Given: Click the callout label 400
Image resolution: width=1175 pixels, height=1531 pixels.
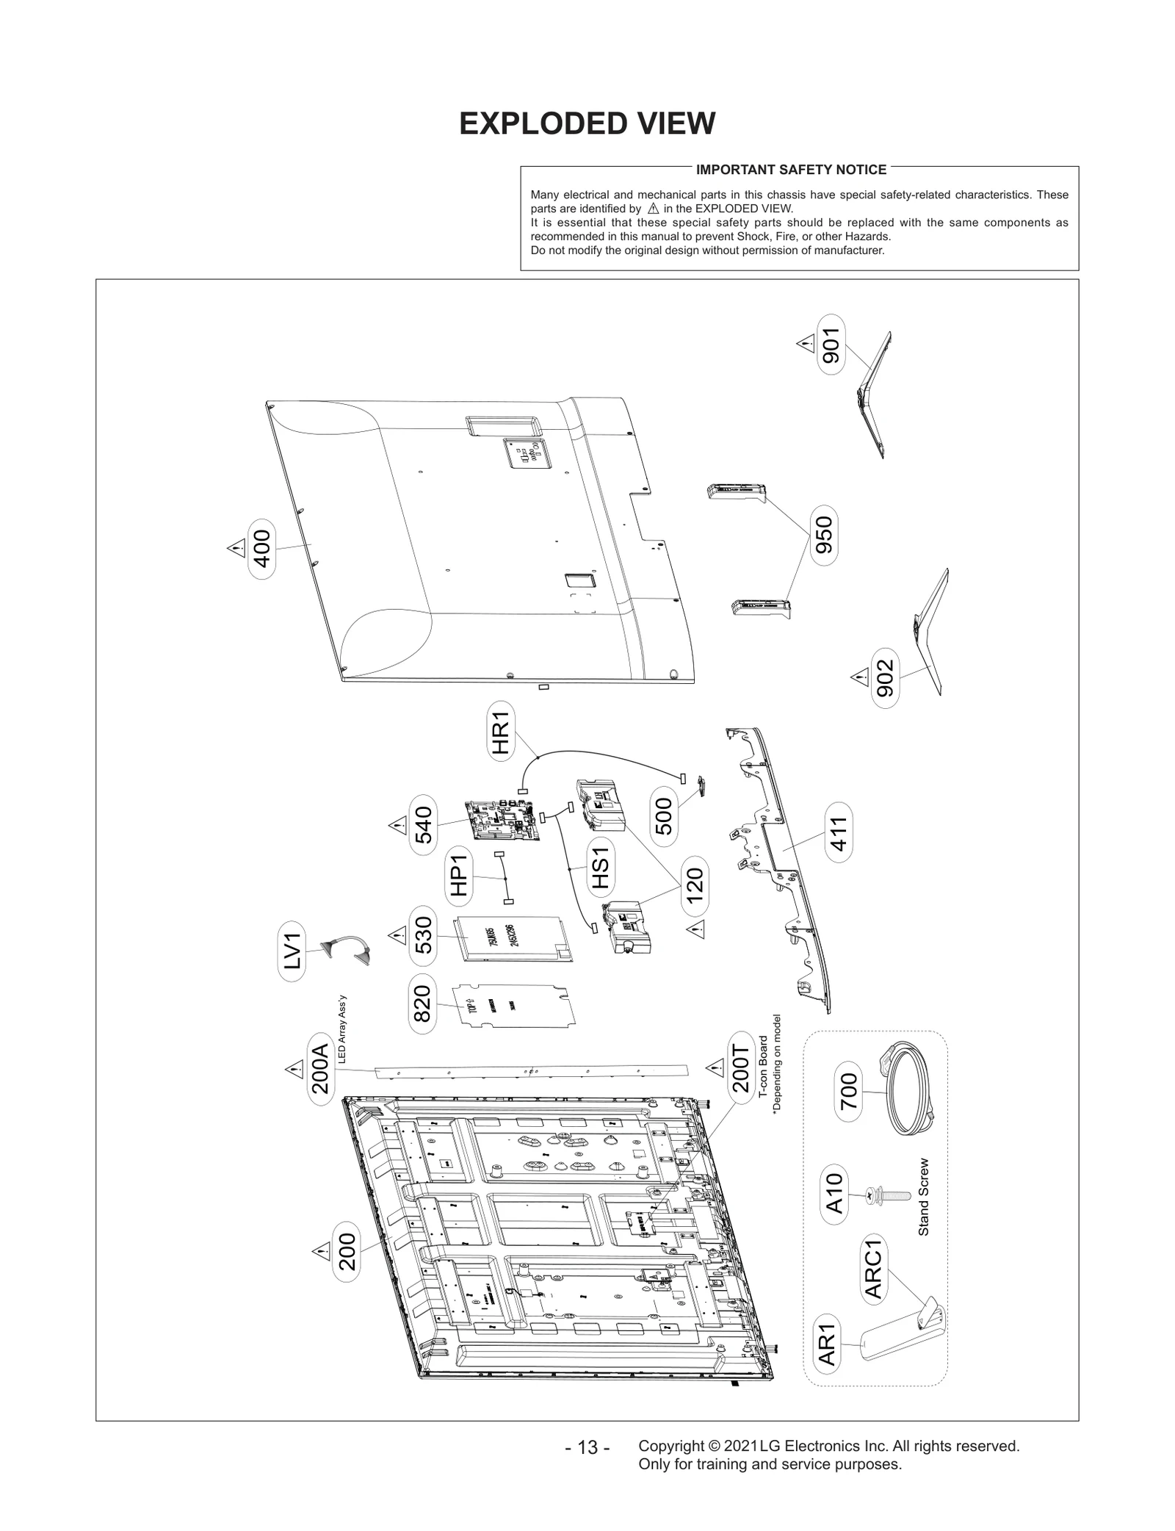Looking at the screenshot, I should pyautogui.click(x=262, y=549).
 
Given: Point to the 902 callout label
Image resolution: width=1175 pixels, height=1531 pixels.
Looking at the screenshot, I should pyautogui.click(x=886, y=678).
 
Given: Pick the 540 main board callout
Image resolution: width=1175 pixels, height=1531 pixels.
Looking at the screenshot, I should pyautogui.click(x=424, y=825).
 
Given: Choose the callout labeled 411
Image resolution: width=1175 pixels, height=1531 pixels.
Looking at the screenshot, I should pyautogui.click(x=839, y=832).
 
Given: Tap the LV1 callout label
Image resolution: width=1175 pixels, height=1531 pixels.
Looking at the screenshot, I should pyautogui.click(x=292, y=951).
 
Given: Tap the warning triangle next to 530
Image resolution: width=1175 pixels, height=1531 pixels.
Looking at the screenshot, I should pyautogui.click(x=397, y=935).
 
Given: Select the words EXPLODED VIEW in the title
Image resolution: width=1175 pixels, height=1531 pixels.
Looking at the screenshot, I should pyautogui.click(x=587, y=123).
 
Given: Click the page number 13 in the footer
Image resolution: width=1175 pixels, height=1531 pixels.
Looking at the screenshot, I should pyautogui.click(x=587, y=1447).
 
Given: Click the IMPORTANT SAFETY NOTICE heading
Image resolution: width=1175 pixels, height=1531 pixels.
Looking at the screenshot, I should pyautogui.click(x=791, y=170).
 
